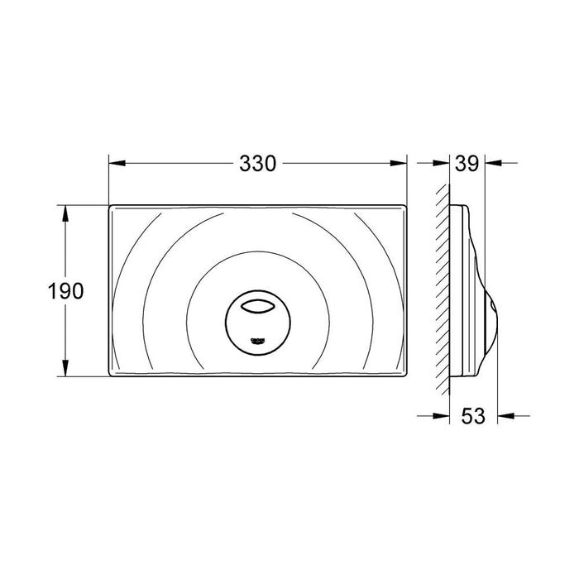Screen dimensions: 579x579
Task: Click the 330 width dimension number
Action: pos(257,164)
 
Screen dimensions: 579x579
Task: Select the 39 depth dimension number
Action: pos(468,164)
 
